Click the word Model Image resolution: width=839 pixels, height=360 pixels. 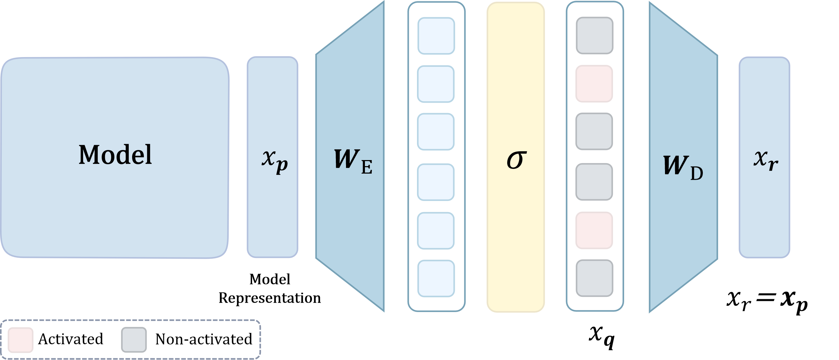click(115, 155)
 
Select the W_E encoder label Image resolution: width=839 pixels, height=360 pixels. click(352, 160)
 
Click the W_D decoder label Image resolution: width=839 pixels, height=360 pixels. click(683, 166)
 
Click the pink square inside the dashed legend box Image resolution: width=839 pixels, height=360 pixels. click(20, 340)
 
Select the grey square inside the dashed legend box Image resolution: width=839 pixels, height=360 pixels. click(134, 340)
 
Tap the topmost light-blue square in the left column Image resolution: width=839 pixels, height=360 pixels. click(436, 36)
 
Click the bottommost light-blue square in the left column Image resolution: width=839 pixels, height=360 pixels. click(436, 279)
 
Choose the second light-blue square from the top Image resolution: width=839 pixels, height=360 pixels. click(436, 84)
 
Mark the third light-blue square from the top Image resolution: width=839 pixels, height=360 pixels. click(436, 132)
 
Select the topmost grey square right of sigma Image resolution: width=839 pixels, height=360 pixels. click(594, 35)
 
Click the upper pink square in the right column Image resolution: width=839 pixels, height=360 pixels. click(594, 84)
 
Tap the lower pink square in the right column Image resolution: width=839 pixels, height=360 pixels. click(594, 230)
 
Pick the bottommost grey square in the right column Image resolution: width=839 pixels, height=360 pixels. click(594, 278)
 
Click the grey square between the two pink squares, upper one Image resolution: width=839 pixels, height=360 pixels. click(594, 131)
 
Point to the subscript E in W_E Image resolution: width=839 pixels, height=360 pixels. click(367, 168)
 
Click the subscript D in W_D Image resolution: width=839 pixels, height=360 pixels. click(696, 173)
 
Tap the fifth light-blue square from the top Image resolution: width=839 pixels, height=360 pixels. click(436, 231)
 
